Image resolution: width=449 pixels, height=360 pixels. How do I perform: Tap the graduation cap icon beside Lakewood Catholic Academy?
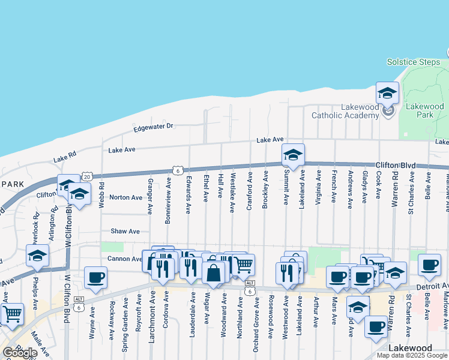(x=387, y=93)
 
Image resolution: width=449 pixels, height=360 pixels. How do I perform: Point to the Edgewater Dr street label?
(x=153, y=127)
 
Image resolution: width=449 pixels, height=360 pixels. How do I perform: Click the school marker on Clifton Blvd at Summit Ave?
(x=294, y=155)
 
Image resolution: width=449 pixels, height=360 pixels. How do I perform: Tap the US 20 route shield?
(x=87, y=176)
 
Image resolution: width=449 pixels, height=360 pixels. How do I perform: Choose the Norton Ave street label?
(x=126, y=197)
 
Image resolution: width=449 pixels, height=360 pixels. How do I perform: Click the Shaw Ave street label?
(x=125, y=231)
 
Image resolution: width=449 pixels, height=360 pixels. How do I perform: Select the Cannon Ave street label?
(x=124, y=259)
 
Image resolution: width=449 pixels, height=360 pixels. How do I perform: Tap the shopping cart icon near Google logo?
(x=12, y=314)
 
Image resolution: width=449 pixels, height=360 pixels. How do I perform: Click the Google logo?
(x=20, y=353)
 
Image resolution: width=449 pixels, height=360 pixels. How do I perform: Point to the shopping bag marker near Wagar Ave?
(x=214, y=273)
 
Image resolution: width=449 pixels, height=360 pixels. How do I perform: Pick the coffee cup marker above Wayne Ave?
(x=95, y=278)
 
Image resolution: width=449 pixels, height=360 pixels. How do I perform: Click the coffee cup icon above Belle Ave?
(x=429, y=265)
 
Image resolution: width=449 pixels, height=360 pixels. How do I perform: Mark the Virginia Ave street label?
(x=318, y=187)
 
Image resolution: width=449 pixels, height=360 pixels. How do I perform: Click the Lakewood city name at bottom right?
(x=410, y=348)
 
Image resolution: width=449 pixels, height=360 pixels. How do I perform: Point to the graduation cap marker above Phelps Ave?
(x=37, y=256)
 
